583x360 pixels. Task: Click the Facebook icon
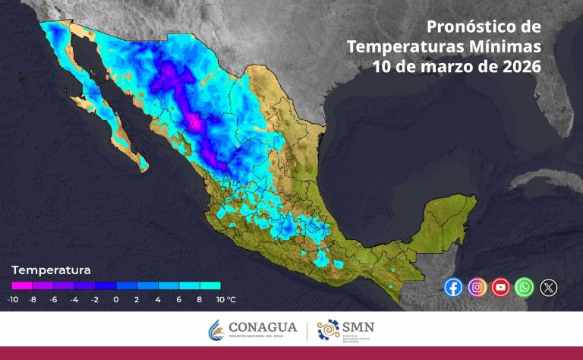(453, 287)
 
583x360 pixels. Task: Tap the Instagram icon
(477, 287)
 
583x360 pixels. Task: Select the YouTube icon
(500, 287)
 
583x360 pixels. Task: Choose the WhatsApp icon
(524, 287)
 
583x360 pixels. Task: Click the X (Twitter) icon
(548, 287)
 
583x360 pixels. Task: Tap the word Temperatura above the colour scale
(52, 270)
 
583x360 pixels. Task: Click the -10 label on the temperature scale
(12, 300)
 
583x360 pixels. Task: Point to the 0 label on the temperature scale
(115, 300)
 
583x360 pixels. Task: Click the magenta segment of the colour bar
(22, 286)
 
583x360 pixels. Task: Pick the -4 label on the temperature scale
(74, 300)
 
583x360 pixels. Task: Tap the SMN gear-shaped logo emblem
(329, 330)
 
